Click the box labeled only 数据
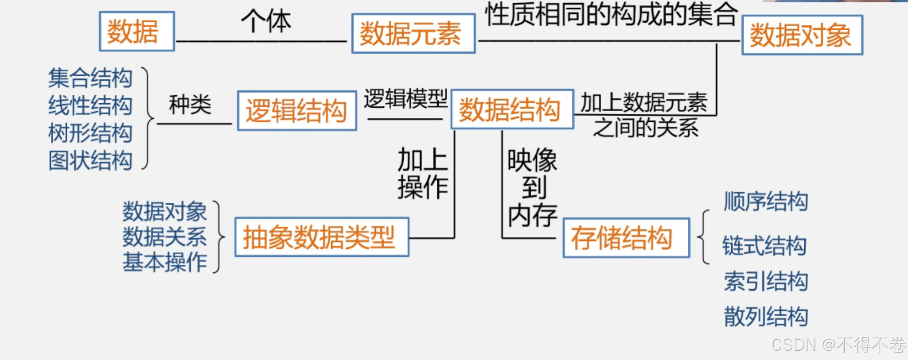click(136, 31)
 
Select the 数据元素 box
click(413, 34)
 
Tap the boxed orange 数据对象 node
click(802, 35)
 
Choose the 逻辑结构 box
click(296, 110)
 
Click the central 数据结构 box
click(512, 110)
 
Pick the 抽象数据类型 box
click(321, 237)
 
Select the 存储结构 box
click(626, 238)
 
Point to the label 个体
click(266, 21)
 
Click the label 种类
click(190, 105)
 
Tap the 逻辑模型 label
click(405, 98)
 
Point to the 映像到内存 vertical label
click(532, 188)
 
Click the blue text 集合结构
click(90, 78)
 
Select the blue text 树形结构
click(90, 133)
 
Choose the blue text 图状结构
click(90, 160)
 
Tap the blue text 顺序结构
click(766, 201)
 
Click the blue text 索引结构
click(766, 282)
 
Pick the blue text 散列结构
click(766, 317)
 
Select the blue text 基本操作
click(164, 262)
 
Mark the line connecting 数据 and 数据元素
click(261, 41)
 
